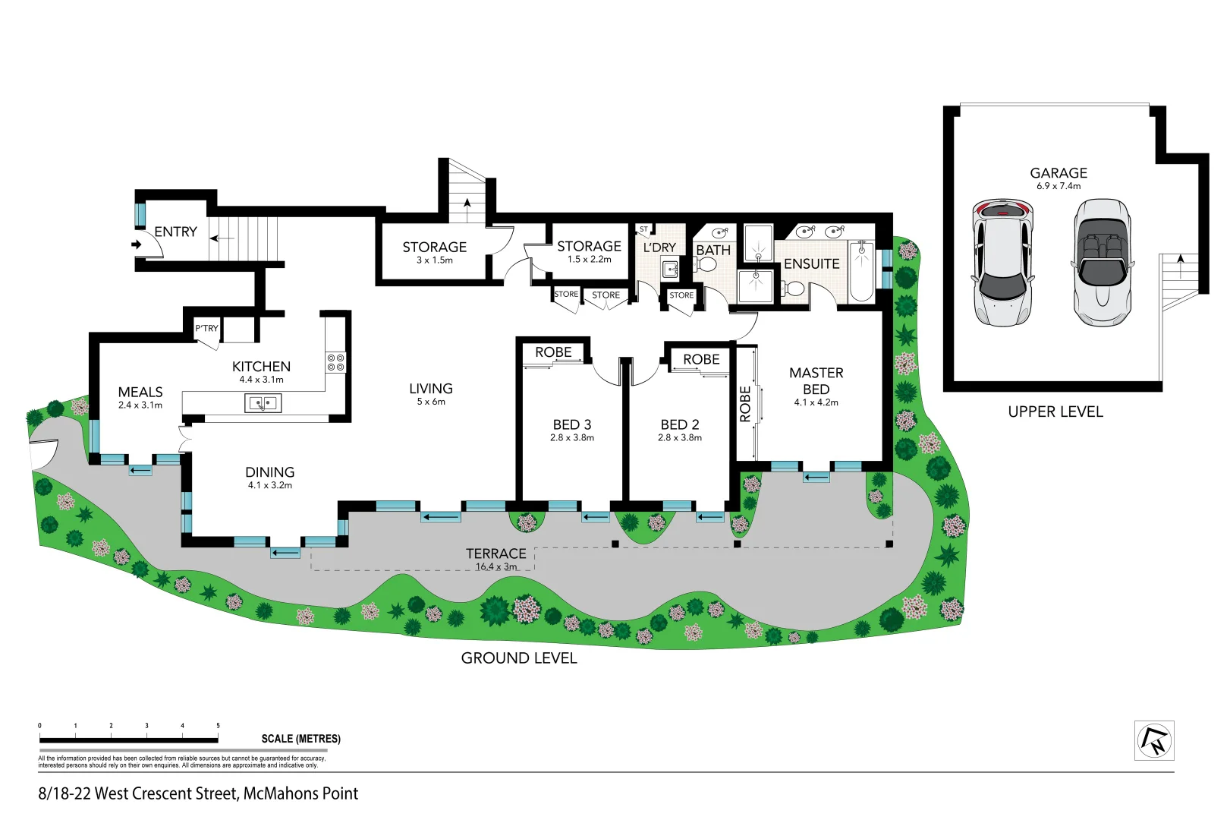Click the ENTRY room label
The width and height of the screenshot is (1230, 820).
tap(175, 232)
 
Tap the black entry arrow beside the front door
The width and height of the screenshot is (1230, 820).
tap(136, 244)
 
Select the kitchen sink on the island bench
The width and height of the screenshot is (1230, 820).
tap(263, 403)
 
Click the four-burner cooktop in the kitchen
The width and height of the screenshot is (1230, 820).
tap(335, 362)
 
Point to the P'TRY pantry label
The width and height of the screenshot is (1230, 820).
tap(206, 328)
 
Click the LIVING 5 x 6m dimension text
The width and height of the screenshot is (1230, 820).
tap(431, 402)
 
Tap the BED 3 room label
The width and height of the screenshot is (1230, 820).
tap(571, 424)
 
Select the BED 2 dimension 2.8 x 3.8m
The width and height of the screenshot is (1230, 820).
tap(679, 437)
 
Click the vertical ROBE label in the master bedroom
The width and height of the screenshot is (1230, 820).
tap(745, 403)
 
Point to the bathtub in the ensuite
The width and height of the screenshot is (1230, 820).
tap(861, 271)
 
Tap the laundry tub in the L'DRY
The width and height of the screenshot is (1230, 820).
tap(670, 269)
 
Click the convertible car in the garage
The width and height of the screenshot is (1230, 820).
tap(1102, 263)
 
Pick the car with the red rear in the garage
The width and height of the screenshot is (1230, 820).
tap(1002, 263)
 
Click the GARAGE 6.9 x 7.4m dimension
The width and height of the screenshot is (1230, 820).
tap(1059, 186)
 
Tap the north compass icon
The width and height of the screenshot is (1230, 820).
tap(1153, 740)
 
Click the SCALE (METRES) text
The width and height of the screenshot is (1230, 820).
tap(300, 739)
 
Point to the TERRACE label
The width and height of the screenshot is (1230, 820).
tap(495, 553)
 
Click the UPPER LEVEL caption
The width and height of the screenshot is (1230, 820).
tap(1055, 412)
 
